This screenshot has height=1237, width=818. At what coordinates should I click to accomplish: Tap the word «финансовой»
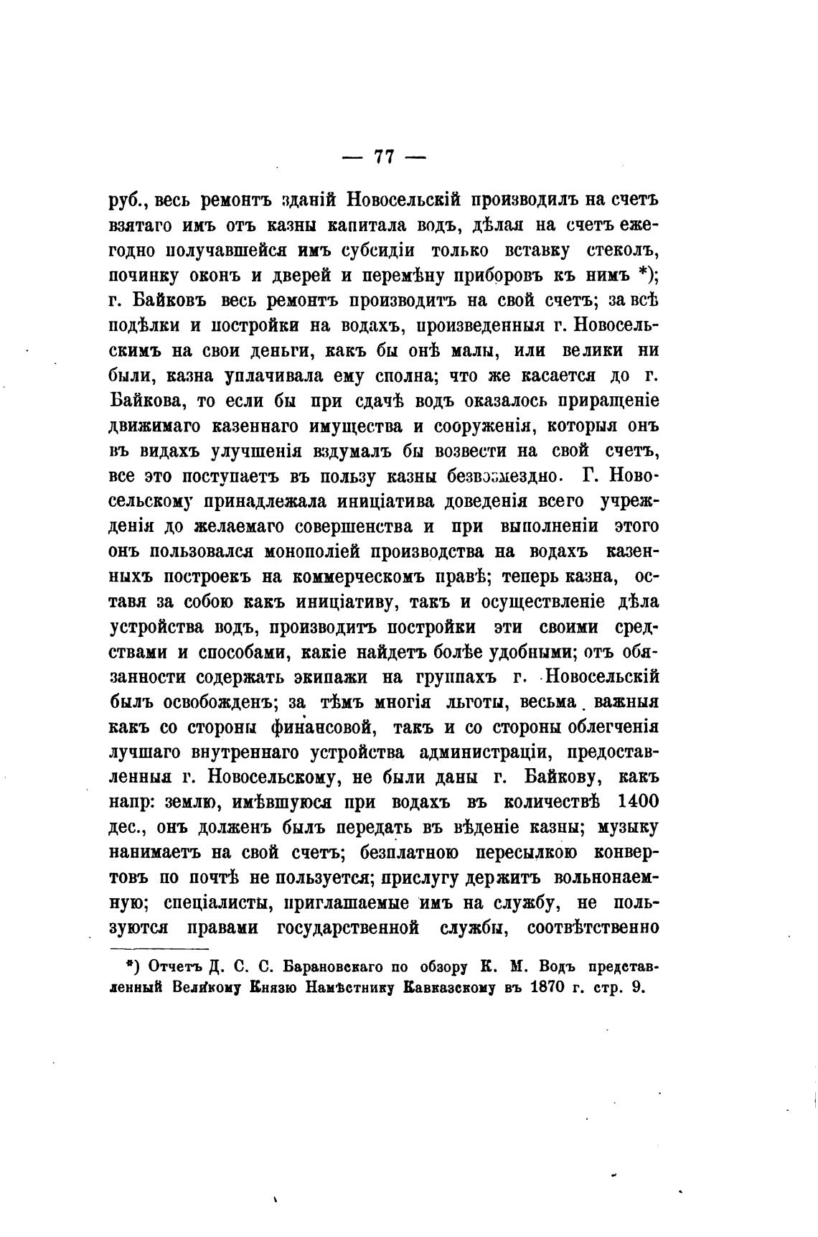321,727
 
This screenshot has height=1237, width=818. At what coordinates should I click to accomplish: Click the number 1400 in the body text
637,802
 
